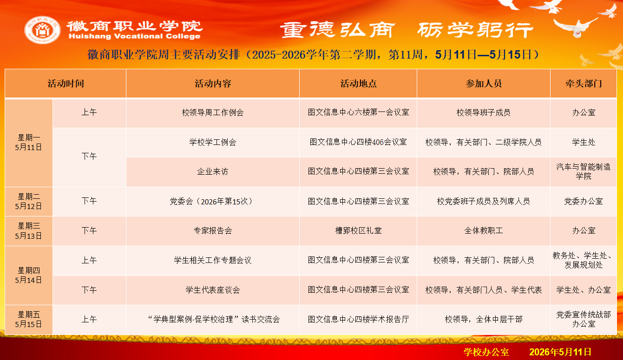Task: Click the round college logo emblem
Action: (42, 30)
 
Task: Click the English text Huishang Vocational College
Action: (134, 36)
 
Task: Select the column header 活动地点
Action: (358, 84)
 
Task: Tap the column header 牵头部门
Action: (584, 84)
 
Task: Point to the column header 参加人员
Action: (483, 84)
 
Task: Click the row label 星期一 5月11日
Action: (28, 142)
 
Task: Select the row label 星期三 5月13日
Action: (28, 231)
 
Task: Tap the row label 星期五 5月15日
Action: (28, 320)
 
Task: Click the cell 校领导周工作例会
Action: (213, 112)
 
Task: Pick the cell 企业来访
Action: (213, 171)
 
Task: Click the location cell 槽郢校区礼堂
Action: (358, 230)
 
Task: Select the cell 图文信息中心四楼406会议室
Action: (358, 142)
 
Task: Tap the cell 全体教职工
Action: (483, 230)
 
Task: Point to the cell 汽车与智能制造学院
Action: (584, 171)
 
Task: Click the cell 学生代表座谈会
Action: (213, 290)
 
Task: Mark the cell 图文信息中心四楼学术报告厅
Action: (358, 320)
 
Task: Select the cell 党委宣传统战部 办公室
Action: (584, 319)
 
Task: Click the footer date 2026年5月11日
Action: (560, 352)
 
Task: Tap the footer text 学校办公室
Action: (486, 352)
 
